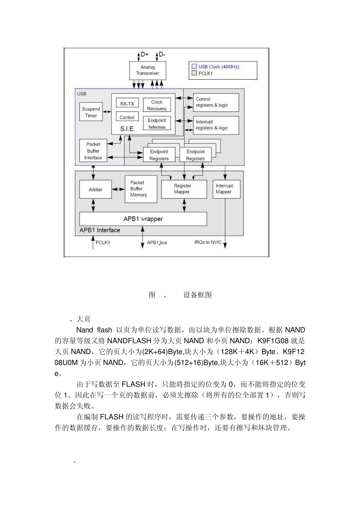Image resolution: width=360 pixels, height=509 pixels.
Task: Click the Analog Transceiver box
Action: pos(148,70)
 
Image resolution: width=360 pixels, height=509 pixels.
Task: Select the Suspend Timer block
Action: pos(91,112)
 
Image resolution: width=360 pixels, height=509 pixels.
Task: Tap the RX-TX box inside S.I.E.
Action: pos(127,103)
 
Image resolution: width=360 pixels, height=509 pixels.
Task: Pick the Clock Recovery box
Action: pos(157,105)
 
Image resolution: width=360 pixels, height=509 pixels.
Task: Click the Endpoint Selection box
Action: pos(157,123)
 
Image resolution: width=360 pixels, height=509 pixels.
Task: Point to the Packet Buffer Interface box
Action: pos(93,151)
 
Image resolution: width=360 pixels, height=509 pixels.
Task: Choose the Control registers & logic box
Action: pos(216,102)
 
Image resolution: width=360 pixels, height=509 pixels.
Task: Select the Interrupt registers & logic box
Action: pos(216,125)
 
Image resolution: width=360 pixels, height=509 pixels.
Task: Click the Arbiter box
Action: pos(95,189)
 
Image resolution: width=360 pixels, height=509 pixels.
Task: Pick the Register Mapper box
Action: pos(184,189)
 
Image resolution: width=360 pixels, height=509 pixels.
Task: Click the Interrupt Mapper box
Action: pos(226,189)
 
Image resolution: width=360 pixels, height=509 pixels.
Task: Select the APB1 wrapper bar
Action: pos(143,219)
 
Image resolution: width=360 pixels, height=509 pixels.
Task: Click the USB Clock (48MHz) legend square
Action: pos(194,66)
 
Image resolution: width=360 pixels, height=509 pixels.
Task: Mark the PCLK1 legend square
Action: pos(194,73)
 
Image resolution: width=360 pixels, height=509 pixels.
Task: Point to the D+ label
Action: pos(144,55)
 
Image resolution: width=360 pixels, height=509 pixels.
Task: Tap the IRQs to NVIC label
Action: pos(208,242)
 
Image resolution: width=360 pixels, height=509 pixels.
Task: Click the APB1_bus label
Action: pos(157,243)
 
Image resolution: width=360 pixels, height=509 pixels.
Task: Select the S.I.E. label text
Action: pos(128,129)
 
